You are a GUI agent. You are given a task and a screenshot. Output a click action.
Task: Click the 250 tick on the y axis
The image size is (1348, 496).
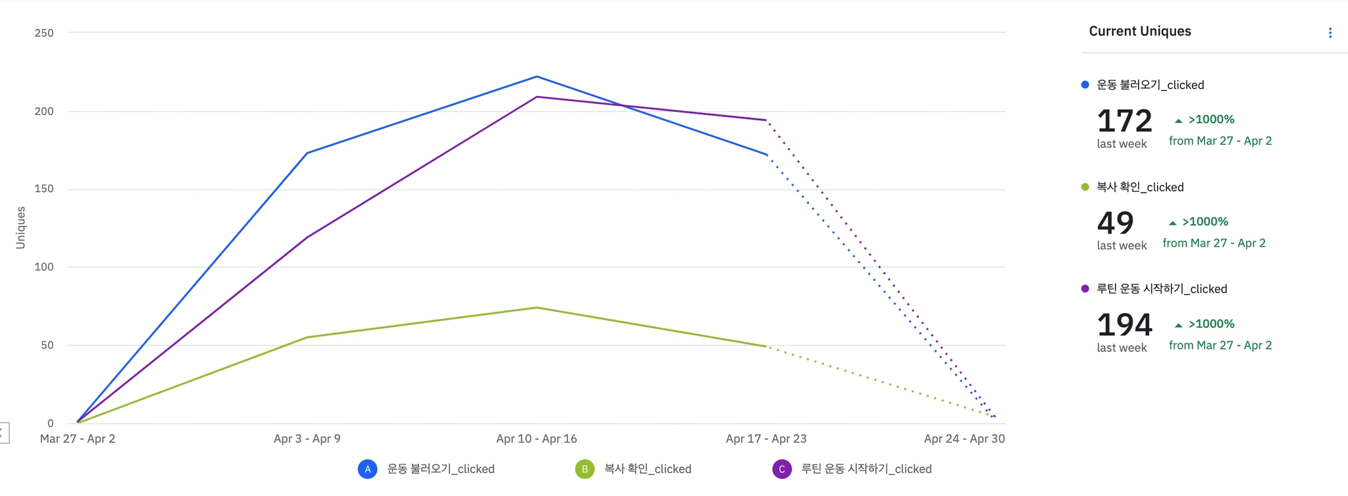click(44, 33)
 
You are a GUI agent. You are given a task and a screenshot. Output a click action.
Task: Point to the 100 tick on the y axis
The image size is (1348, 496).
click(44, 267)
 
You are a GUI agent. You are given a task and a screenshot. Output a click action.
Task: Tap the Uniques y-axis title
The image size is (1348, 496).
click(20, 228)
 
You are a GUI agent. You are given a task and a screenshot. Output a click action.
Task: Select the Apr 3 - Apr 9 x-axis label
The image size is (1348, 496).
click(307, 439)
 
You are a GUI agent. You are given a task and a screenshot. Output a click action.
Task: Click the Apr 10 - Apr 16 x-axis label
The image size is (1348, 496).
click(536, 439)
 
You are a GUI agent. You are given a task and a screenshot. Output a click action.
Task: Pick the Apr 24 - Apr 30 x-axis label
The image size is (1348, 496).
click(964, 439)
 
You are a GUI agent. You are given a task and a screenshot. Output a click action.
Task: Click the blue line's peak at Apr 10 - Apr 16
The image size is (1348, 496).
click(537, 77)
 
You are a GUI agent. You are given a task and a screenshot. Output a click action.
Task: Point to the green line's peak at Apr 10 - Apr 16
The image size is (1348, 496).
click(537, 308)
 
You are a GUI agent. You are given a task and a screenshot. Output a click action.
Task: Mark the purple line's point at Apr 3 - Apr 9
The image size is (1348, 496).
click(307, 237)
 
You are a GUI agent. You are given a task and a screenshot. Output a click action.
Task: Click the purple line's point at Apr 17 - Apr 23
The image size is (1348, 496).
click(766, 120)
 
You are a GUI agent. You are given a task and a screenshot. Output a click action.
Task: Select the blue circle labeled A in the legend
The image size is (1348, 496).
click(367, 469)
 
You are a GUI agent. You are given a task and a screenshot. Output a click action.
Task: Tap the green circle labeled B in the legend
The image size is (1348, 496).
click(584, 469)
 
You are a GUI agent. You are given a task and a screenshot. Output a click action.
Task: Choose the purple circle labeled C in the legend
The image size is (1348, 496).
click(782, 469)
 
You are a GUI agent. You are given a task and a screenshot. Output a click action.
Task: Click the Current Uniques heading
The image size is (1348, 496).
click(1140, 32)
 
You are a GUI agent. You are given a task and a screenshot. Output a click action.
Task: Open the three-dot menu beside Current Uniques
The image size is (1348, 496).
click(1330, 33)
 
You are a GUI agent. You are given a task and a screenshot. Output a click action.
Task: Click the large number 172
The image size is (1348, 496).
click(1124, 122)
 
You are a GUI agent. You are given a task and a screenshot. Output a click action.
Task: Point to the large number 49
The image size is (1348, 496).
click(1115, 224)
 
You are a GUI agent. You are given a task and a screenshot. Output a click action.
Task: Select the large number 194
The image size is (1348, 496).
click(1124, 326)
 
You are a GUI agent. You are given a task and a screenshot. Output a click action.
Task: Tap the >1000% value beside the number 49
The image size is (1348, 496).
click(1205, 222)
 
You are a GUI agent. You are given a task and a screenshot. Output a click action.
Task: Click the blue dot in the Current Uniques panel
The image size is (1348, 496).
click(1085, 85)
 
